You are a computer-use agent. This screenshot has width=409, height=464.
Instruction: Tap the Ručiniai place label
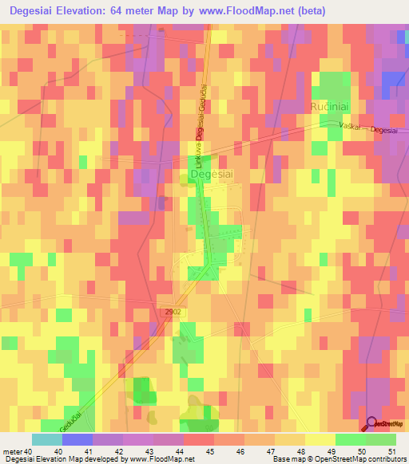tap(332, 105)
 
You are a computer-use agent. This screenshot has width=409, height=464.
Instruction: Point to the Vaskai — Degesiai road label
tap(362, 129)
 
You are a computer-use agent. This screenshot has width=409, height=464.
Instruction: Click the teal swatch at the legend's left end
tap(47, 439)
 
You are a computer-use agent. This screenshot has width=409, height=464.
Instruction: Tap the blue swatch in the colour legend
tap(77, 439)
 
